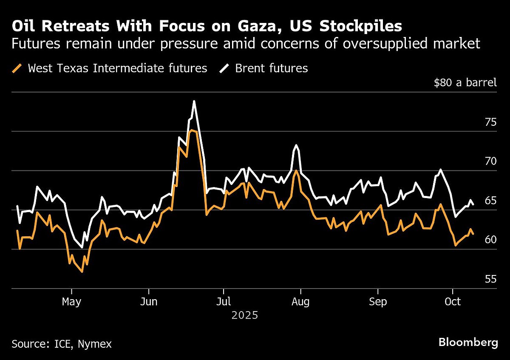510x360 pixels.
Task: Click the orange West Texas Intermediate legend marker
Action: click(x=17, y=68)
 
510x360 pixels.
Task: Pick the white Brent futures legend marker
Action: click(x=224, y=68)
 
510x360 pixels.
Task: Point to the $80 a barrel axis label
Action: click(x=465, y=82)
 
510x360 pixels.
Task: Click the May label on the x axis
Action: click(x=71, y=302)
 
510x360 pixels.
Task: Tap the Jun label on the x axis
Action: click(x=149, y=302)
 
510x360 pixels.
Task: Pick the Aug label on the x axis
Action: click(x=300, y=302)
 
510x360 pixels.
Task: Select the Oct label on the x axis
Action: click(x=453, y=302)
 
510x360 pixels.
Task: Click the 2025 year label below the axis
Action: click(x=245, y=315)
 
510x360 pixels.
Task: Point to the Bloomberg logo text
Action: click(x=468, y=343)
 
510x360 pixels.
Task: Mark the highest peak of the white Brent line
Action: click(x=194, y=101)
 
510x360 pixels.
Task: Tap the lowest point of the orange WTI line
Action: click(x=82, y=272)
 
